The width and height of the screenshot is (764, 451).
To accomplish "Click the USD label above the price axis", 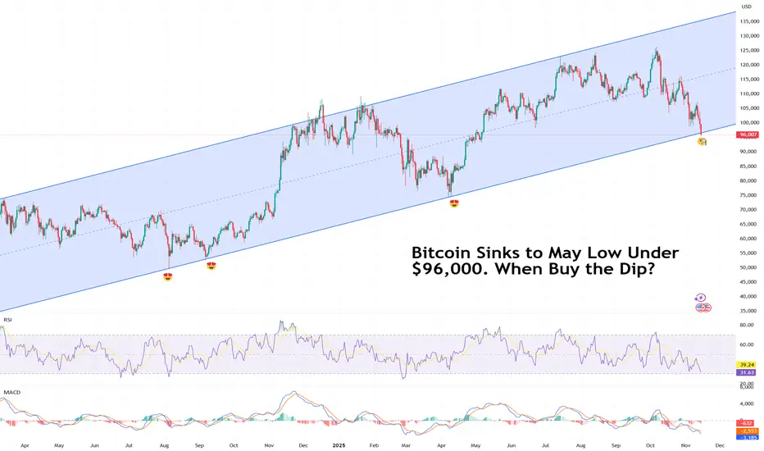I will click(746, 7).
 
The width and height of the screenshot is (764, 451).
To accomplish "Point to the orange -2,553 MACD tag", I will click(748, 430).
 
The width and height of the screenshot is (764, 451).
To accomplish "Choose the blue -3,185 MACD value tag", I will click(748, 438).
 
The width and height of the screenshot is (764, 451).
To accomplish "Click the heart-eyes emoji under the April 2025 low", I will click(453, 203).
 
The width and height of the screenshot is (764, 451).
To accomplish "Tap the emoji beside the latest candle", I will click(702, 142).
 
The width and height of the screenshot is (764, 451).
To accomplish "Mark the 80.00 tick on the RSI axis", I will click(747, 325).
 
